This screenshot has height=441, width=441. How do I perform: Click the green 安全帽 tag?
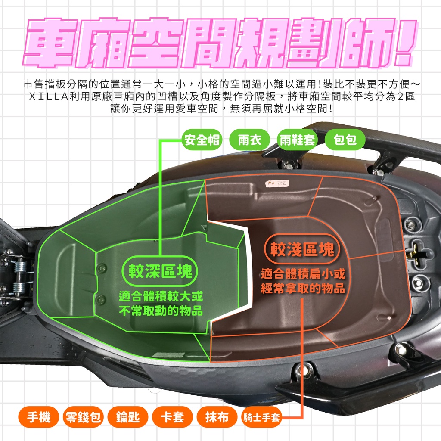(x=202, y=140)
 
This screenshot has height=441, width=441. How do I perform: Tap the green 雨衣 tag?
(x=249, y=140)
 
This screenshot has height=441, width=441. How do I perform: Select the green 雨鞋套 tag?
(x=297, y=140)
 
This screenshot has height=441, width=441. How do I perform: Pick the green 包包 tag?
(x=345, y=140)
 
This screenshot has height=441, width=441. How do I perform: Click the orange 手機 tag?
(x=38, y=417)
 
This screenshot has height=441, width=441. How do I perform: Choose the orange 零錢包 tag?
(x=83, y=417)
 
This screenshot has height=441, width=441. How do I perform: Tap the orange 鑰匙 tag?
(x=128, y=417)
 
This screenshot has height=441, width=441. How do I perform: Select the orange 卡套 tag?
(x=172, y=417)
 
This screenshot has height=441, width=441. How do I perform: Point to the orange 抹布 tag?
(x=217, y=417)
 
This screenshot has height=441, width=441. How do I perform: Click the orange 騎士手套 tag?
(x=261, y=417)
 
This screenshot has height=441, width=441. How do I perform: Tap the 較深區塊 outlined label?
(x=160, y=271)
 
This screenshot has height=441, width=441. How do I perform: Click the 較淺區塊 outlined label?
(x=302, y=249)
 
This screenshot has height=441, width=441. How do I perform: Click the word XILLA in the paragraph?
(x=49, y=96)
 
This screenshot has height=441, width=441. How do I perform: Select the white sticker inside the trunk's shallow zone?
(x=277, y=183)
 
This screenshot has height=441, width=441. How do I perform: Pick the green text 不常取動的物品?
(x=161, y=311)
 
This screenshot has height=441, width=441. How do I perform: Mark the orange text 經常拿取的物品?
(x=303, y=288)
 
